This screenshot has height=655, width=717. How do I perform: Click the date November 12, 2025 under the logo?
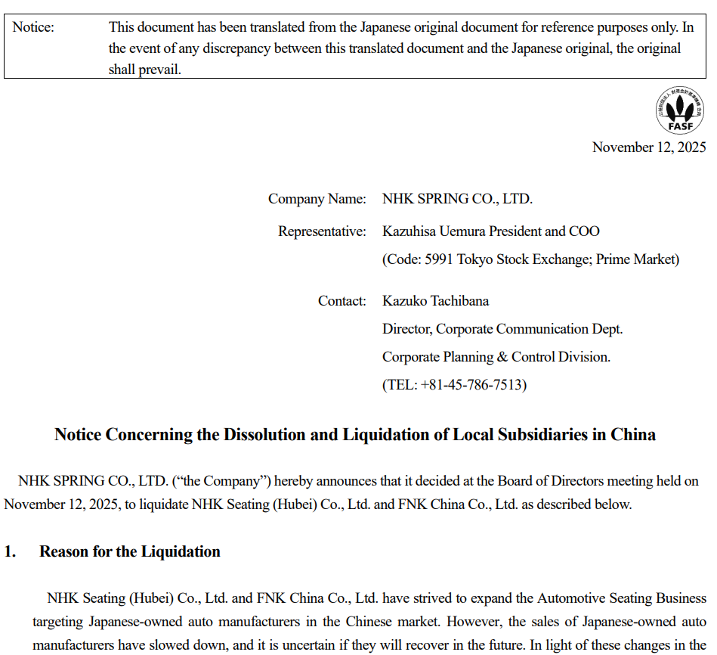649,147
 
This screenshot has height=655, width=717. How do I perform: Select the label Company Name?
317,200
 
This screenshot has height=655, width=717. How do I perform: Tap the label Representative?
322,231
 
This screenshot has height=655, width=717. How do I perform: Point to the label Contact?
342,301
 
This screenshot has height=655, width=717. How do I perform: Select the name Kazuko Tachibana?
435,301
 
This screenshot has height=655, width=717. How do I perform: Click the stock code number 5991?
439,259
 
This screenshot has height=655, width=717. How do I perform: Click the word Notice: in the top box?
33,28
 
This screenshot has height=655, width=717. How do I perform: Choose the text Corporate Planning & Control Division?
496,357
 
